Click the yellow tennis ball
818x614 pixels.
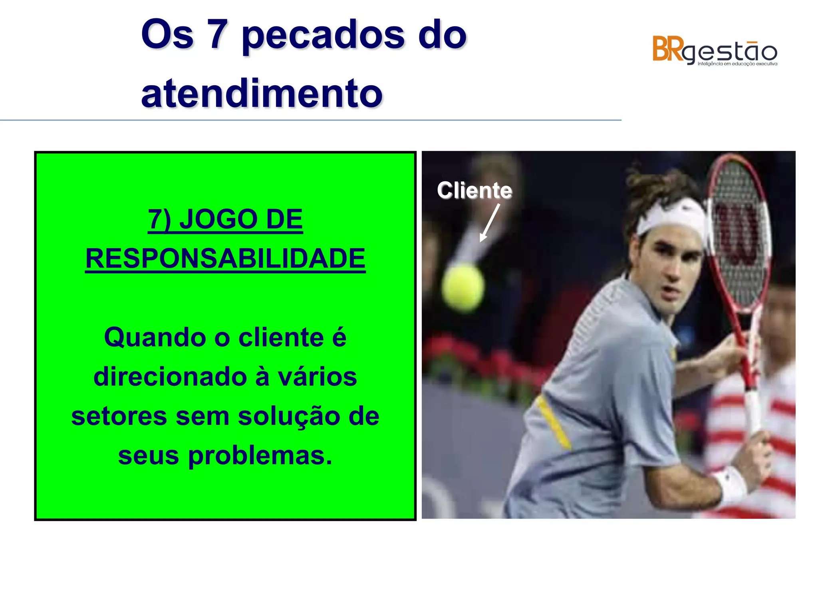(463, 287)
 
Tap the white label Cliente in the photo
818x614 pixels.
(474, 190)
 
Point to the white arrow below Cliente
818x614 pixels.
(490, 222)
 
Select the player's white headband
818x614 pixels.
(671, 216)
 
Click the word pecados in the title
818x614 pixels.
(323, 36)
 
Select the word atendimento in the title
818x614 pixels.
(262, 94)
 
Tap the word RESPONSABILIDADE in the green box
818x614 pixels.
(225, 259)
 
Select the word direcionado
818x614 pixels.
(170, 377)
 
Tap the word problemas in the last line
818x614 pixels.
(260, 456)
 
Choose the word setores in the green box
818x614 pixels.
(119, 417)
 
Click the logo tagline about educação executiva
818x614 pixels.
(737, 64)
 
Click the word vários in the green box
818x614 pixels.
(317, 377)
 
